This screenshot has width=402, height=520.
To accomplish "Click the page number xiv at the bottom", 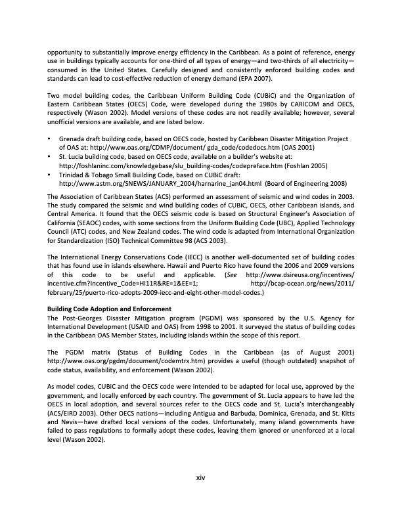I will coord(201,477).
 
